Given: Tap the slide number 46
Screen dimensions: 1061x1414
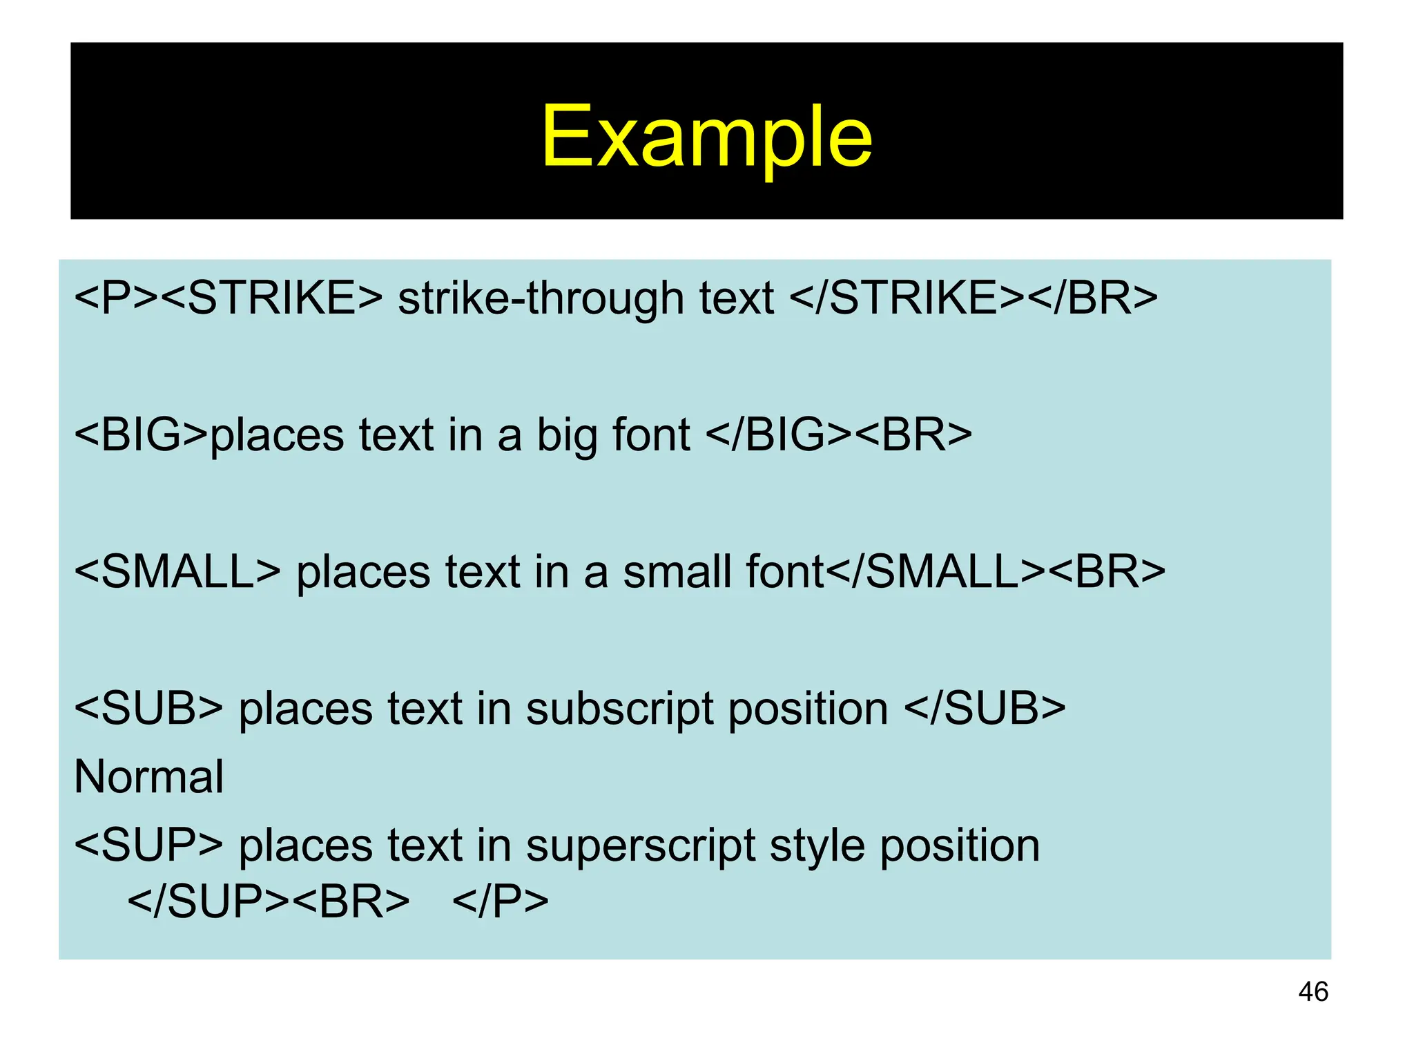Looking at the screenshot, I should pyautogui.click(x=1313, y=992).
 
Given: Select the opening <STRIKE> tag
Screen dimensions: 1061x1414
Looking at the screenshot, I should pyautogui.click(x=273, y=298).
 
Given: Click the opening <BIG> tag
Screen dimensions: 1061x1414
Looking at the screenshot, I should pyautogui.click(x=142, y=435).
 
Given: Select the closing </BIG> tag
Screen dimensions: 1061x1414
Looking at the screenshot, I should pyautogui.click(x=779, y=435).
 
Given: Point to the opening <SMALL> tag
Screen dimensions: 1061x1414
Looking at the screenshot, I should pyautogui.click(x=177, y=572).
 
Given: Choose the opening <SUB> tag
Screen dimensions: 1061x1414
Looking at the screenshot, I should pyautogui.click(x=148, y=709).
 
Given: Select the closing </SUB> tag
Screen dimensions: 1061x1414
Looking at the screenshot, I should pyautogui.click(x=985, y=709).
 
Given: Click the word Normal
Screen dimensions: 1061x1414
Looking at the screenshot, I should pyautogui.click(x=148, y=777).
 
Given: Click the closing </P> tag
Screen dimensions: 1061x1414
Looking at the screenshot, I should pyautogui.click(x=501, y=902).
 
